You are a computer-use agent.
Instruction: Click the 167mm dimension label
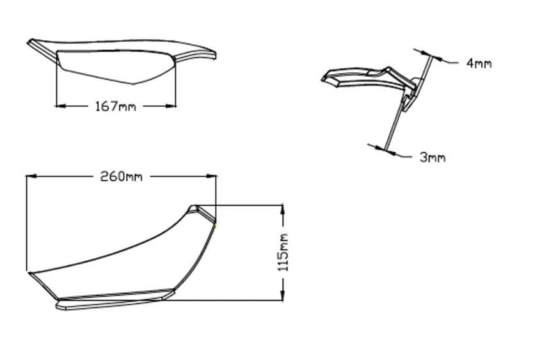115,106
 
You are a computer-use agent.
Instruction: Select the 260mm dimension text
121,176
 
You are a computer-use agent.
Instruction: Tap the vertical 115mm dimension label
283,253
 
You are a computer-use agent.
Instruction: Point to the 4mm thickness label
479,63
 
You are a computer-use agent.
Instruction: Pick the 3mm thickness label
433,157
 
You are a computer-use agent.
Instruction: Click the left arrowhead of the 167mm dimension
61,106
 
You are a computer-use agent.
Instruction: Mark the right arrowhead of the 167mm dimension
171,106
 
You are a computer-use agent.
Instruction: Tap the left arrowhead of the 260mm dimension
31,175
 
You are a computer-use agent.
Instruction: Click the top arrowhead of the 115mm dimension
282,209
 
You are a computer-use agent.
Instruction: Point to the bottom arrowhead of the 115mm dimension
282,295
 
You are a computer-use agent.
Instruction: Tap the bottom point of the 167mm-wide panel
132,83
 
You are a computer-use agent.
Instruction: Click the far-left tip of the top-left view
29,42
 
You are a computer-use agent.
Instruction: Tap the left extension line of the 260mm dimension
26,224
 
